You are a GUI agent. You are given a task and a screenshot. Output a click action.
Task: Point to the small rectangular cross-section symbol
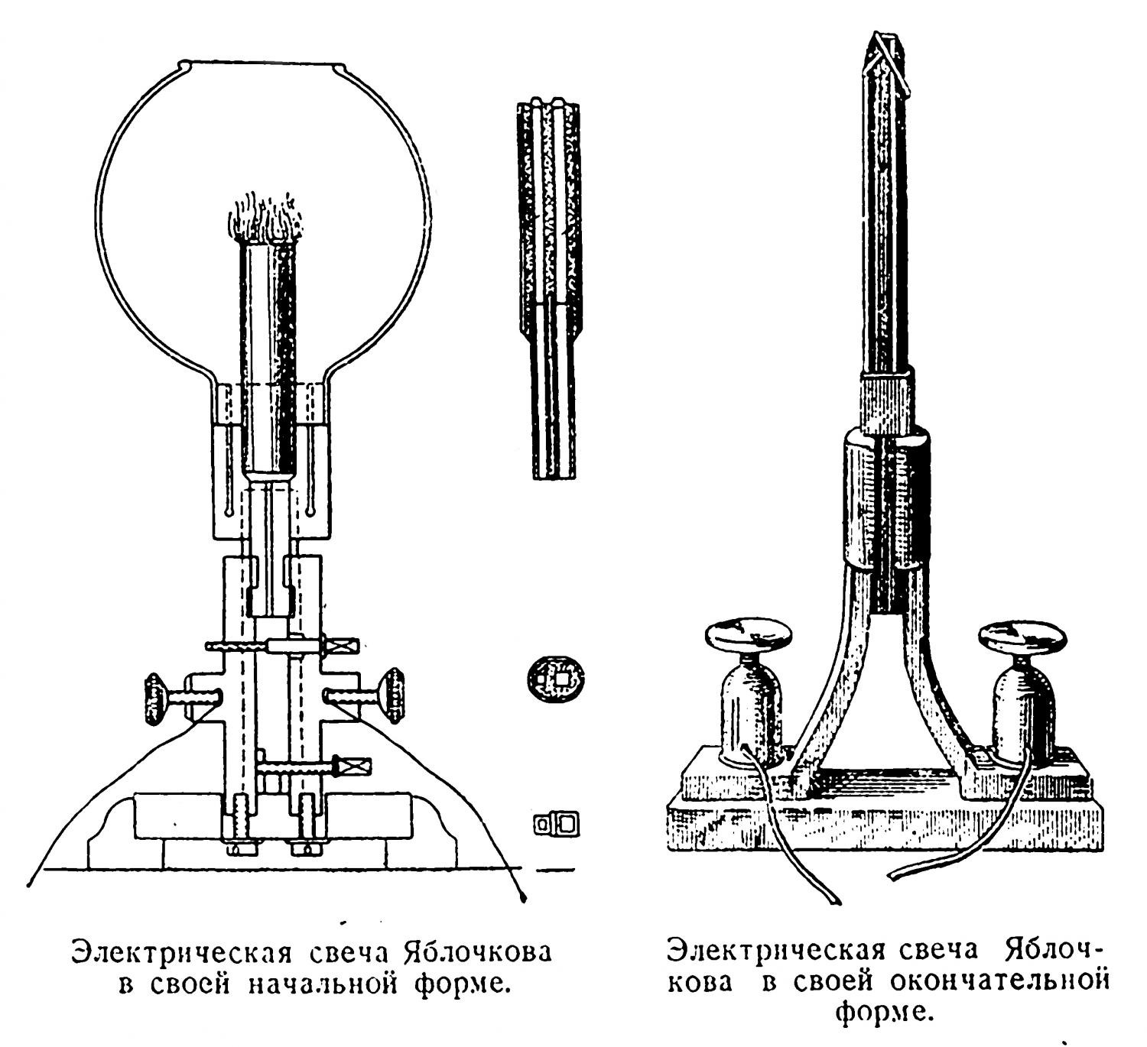click(x=556, y=823)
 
